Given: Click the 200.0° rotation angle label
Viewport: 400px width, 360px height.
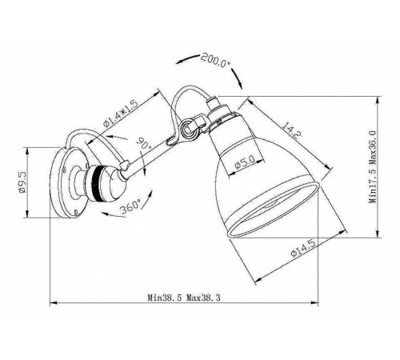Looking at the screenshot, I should tap(216, 59).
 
